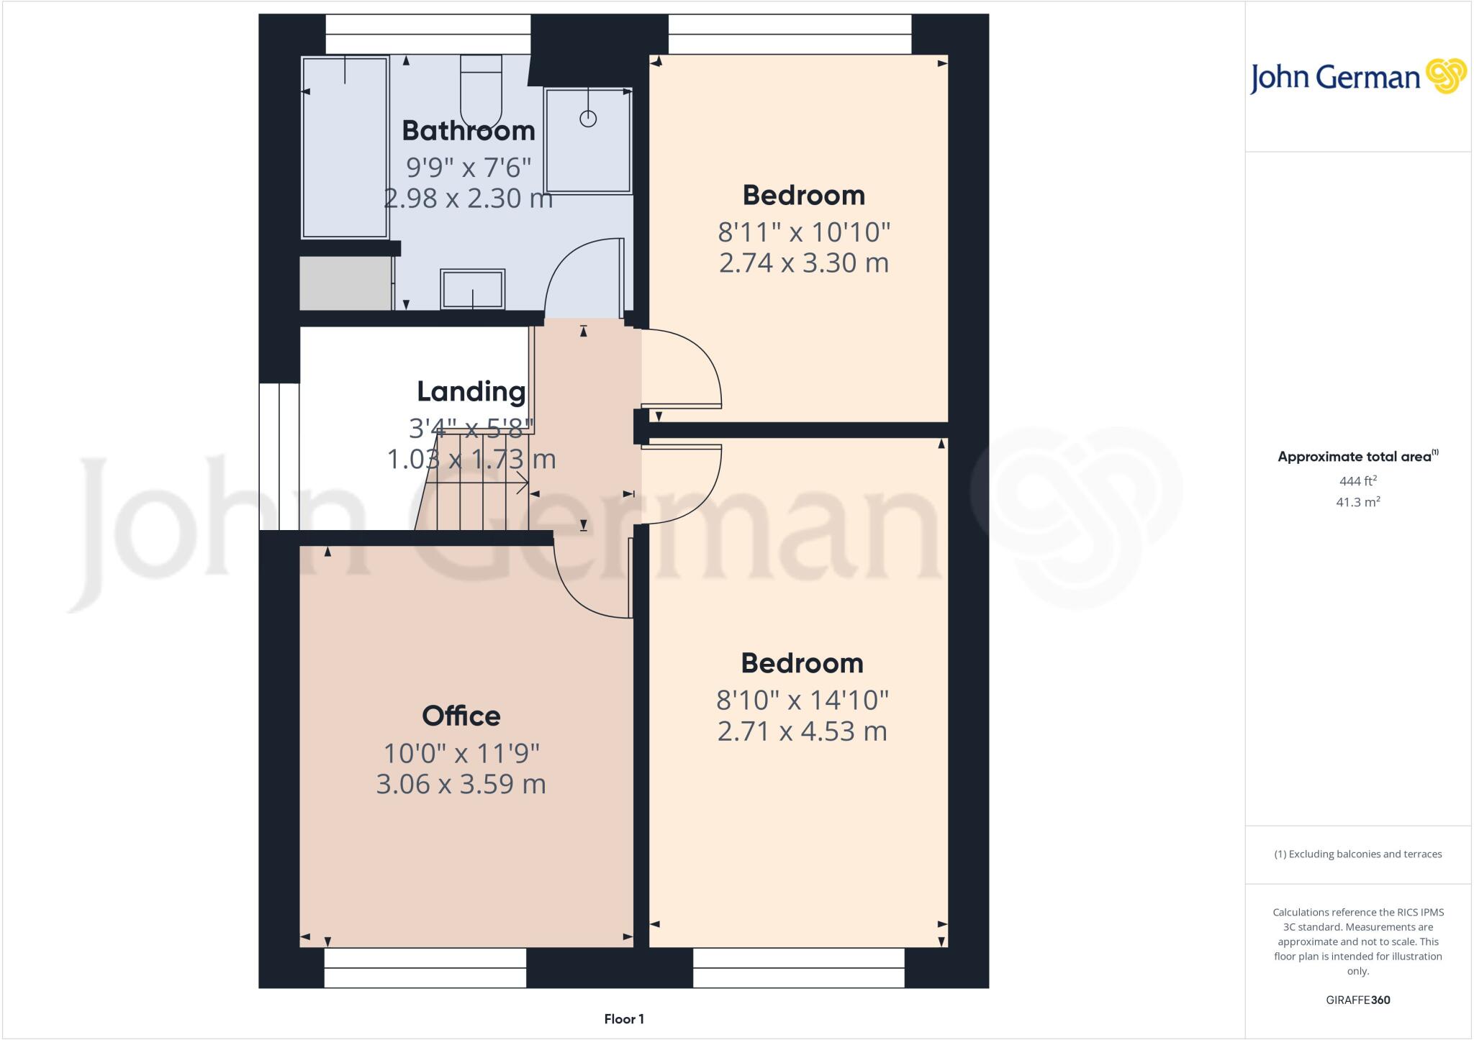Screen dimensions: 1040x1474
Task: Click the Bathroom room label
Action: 469,131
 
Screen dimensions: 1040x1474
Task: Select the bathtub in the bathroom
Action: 345,147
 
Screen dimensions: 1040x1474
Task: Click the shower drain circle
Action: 588,119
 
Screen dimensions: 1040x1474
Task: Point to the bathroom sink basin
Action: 472,289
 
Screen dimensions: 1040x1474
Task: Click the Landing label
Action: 471,392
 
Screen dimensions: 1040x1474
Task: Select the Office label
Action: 461,716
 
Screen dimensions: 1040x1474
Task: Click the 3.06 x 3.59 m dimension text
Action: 461,784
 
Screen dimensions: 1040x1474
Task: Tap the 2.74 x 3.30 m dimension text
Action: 804,263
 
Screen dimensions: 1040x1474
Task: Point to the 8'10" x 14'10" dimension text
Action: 802,699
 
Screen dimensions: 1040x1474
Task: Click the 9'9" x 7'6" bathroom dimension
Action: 469,168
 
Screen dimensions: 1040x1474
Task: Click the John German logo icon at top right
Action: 1445,76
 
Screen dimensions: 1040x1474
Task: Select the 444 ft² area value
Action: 1357,480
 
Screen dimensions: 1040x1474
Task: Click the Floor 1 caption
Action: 624,1019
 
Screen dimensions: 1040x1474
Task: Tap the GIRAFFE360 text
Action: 1357,1000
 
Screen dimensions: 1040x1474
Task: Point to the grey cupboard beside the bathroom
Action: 345,283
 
